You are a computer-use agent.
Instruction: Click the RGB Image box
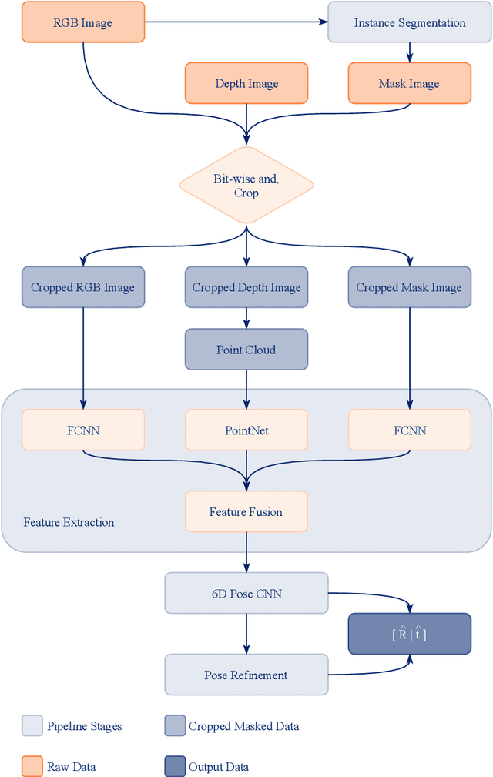pos(82,22)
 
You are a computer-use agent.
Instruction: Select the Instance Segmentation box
pos(409,22)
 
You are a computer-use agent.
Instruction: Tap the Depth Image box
pos(246,83)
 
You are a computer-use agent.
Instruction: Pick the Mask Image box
pos(409,83)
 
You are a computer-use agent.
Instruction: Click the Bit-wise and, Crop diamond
pos(246,185)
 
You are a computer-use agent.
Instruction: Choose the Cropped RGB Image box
pos(82,287)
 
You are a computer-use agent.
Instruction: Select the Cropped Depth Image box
pos(246,287)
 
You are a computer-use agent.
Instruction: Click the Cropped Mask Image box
pos(409,287)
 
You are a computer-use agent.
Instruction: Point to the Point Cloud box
pos(246,350)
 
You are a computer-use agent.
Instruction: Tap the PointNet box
pos(246,430)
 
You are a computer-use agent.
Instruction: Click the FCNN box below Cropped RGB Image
pos(82,430)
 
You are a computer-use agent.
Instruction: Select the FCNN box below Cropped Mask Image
pos(409,430)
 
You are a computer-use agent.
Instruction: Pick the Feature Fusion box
pos(246,511)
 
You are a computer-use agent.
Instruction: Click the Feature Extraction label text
pos(69,522)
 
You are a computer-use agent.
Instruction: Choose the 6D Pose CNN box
pos(246,593)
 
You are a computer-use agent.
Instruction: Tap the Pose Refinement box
pos(246,675)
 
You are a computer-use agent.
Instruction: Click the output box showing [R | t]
pos(409,634)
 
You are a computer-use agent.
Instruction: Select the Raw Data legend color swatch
pos(32,766)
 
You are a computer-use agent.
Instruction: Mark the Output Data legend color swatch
pos(174,766)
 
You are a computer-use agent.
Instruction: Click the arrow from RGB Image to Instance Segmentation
pos(235,22)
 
